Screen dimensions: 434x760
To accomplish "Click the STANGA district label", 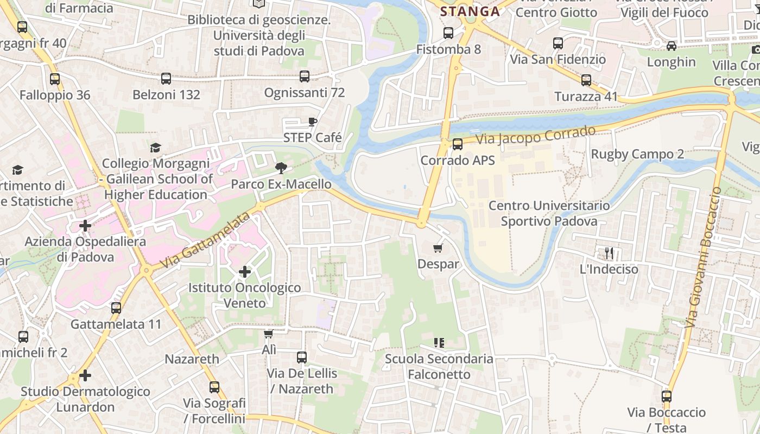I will (x=470, y=11).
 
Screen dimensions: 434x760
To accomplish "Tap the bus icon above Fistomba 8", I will (x=448, y=33).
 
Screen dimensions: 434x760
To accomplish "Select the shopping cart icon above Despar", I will (x=438, y=248).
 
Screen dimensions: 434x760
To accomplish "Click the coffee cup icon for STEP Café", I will (x=312, y=122).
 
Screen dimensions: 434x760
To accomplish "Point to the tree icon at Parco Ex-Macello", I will (x=281, y=168).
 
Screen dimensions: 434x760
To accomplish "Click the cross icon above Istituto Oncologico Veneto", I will (x=245, y=271).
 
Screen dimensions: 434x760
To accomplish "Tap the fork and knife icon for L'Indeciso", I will (x=609, y=253).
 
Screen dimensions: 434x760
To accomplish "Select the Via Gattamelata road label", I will (x=206, y=241).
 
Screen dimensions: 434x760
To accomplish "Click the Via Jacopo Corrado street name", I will (x=536, y=135).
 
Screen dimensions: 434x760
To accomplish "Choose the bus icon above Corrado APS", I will (x=458, y=144).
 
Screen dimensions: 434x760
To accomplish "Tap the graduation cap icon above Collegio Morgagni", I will (x=156, y=148).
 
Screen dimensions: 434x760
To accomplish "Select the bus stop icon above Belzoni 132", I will (x=166, y=79).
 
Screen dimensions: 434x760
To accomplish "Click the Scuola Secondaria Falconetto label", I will (x=439, y=367).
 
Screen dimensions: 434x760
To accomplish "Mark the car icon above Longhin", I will (x=672, y=46).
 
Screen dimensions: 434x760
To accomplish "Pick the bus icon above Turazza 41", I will (x=586, y=81).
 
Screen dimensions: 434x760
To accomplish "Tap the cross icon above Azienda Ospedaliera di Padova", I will (x=85, y=225).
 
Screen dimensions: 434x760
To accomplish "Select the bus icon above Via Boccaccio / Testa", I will (x=667, y=397).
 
